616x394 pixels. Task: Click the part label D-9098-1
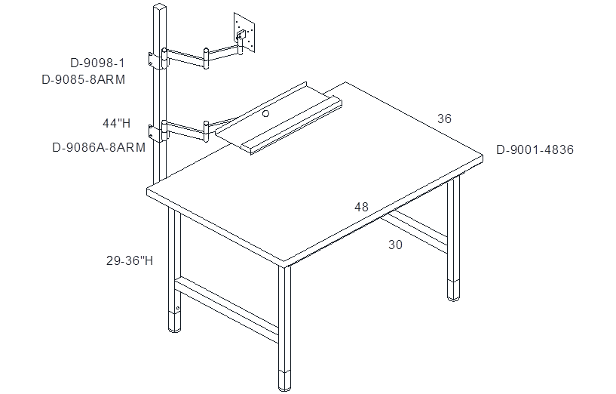coord(97,63)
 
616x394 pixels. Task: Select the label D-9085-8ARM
coord(83,80)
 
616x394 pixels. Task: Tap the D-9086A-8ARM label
coord(99,148)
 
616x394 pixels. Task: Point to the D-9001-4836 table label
coord(535,149)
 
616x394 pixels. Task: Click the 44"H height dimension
coord(117,124)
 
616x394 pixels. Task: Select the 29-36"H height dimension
coord(130,260)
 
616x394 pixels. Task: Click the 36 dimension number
coord(444,119)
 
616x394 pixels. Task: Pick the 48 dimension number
coord(361,207)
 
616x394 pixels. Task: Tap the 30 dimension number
coord(396,245)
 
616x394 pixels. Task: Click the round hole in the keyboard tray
coord(266,114)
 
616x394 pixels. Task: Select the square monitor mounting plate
coord(244,32)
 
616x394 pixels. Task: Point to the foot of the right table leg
coord(454,291)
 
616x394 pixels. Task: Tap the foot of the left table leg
coord(174,322)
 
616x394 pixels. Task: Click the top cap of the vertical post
coord(160,7)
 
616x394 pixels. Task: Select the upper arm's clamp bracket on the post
coord(158,61)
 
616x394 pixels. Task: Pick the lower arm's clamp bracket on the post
coord(158,134)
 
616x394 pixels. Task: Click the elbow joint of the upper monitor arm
coord(206,59)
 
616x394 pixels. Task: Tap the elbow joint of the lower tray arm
coord(206,130)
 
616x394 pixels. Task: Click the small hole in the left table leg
coord(178,308)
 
